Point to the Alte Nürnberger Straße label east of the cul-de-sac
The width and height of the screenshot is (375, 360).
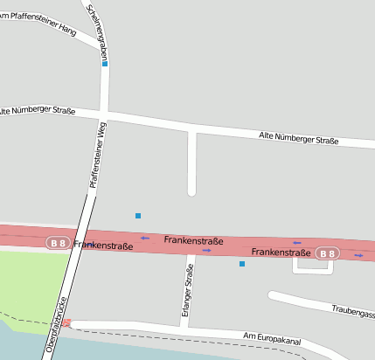click(x=299, y=138)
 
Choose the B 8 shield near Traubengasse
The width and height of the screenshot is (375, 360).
click(x=326, y=253)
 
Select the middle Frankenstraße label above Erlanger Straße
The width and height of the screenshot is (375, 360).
click(x=193, y=240)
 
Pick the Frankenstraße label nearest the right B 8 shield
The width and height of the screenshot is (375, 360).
click(x=281, y=252)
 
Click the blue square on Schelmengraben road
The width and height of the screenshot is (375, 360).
click(x=105, y=64)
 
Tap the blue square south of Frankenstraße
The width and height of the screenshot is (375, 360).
click(x=242, y=264)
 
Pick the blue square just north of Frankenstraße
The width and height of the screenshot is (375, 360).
click(x=137, y=215)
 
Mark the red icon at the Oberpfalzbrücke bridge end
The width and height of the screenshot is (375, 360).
click(x=66, y=323)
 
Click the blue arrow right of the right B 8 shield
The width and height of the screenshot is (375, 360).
click(x=358, y=255)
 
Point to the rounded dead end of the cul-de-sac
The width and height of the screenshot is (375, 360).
click(x=191, y=190)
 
